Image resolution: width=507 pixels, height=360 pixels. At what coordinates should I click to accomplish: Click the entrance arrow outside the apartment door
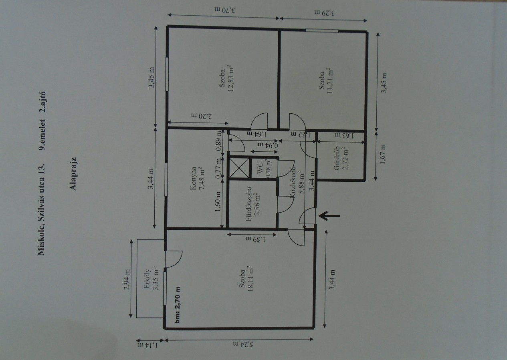coord(329,216)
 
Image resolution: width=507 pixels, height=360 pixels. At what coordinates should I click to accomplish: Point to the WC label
coord(260,168)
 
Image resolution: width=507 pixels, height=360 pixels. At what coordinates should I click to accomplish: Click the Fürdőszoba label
coord(248,204)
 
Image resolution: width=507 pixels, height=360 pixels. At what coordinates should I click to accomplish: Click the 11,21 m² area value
coord(330,80)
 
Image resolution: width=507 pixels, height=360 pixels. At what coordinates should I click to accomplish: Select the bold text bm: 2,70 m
coord(178,305)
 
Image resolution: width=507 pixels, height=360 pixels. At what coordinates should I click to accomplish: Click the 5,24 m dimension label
coord(243,344)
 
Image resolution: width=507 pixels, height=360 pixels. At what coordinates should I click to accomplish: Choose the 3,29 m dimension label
coord(325,13)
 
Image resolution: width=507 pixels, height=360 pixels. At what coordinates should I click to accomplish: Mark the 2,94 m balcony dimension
coord(127,279)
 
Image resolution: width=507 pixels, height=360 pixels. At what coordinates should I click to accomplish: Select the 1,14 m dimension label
coord(147,345)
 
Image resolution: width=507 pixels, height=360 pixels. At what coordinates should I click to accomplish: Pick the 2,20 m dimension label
coord(202,116)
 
